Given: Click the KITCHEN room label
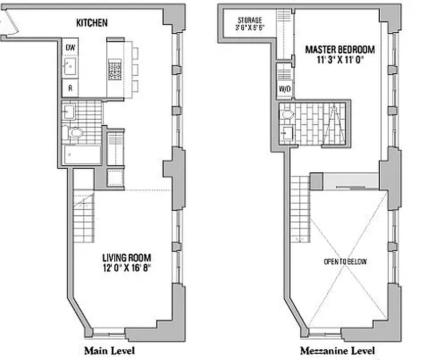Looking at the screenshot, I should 91,22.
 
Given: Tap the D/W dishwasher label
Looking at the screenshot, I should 70,47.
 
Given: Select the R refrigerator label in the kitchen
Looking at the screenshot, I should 70,89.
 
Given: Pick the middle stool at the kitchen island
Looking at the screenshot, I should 135,69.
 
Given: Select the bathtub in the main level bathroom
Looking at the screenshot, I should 81,155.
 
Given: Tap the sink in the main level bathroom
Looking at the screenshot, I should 69,111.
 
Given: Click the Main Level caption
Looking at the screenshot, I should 109,351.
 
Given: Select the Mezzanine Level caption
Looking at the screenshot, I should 337,351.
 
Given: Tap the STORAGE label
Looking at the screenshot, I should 250,20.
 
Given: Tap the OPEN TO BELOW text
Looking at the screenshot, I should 345,261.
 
